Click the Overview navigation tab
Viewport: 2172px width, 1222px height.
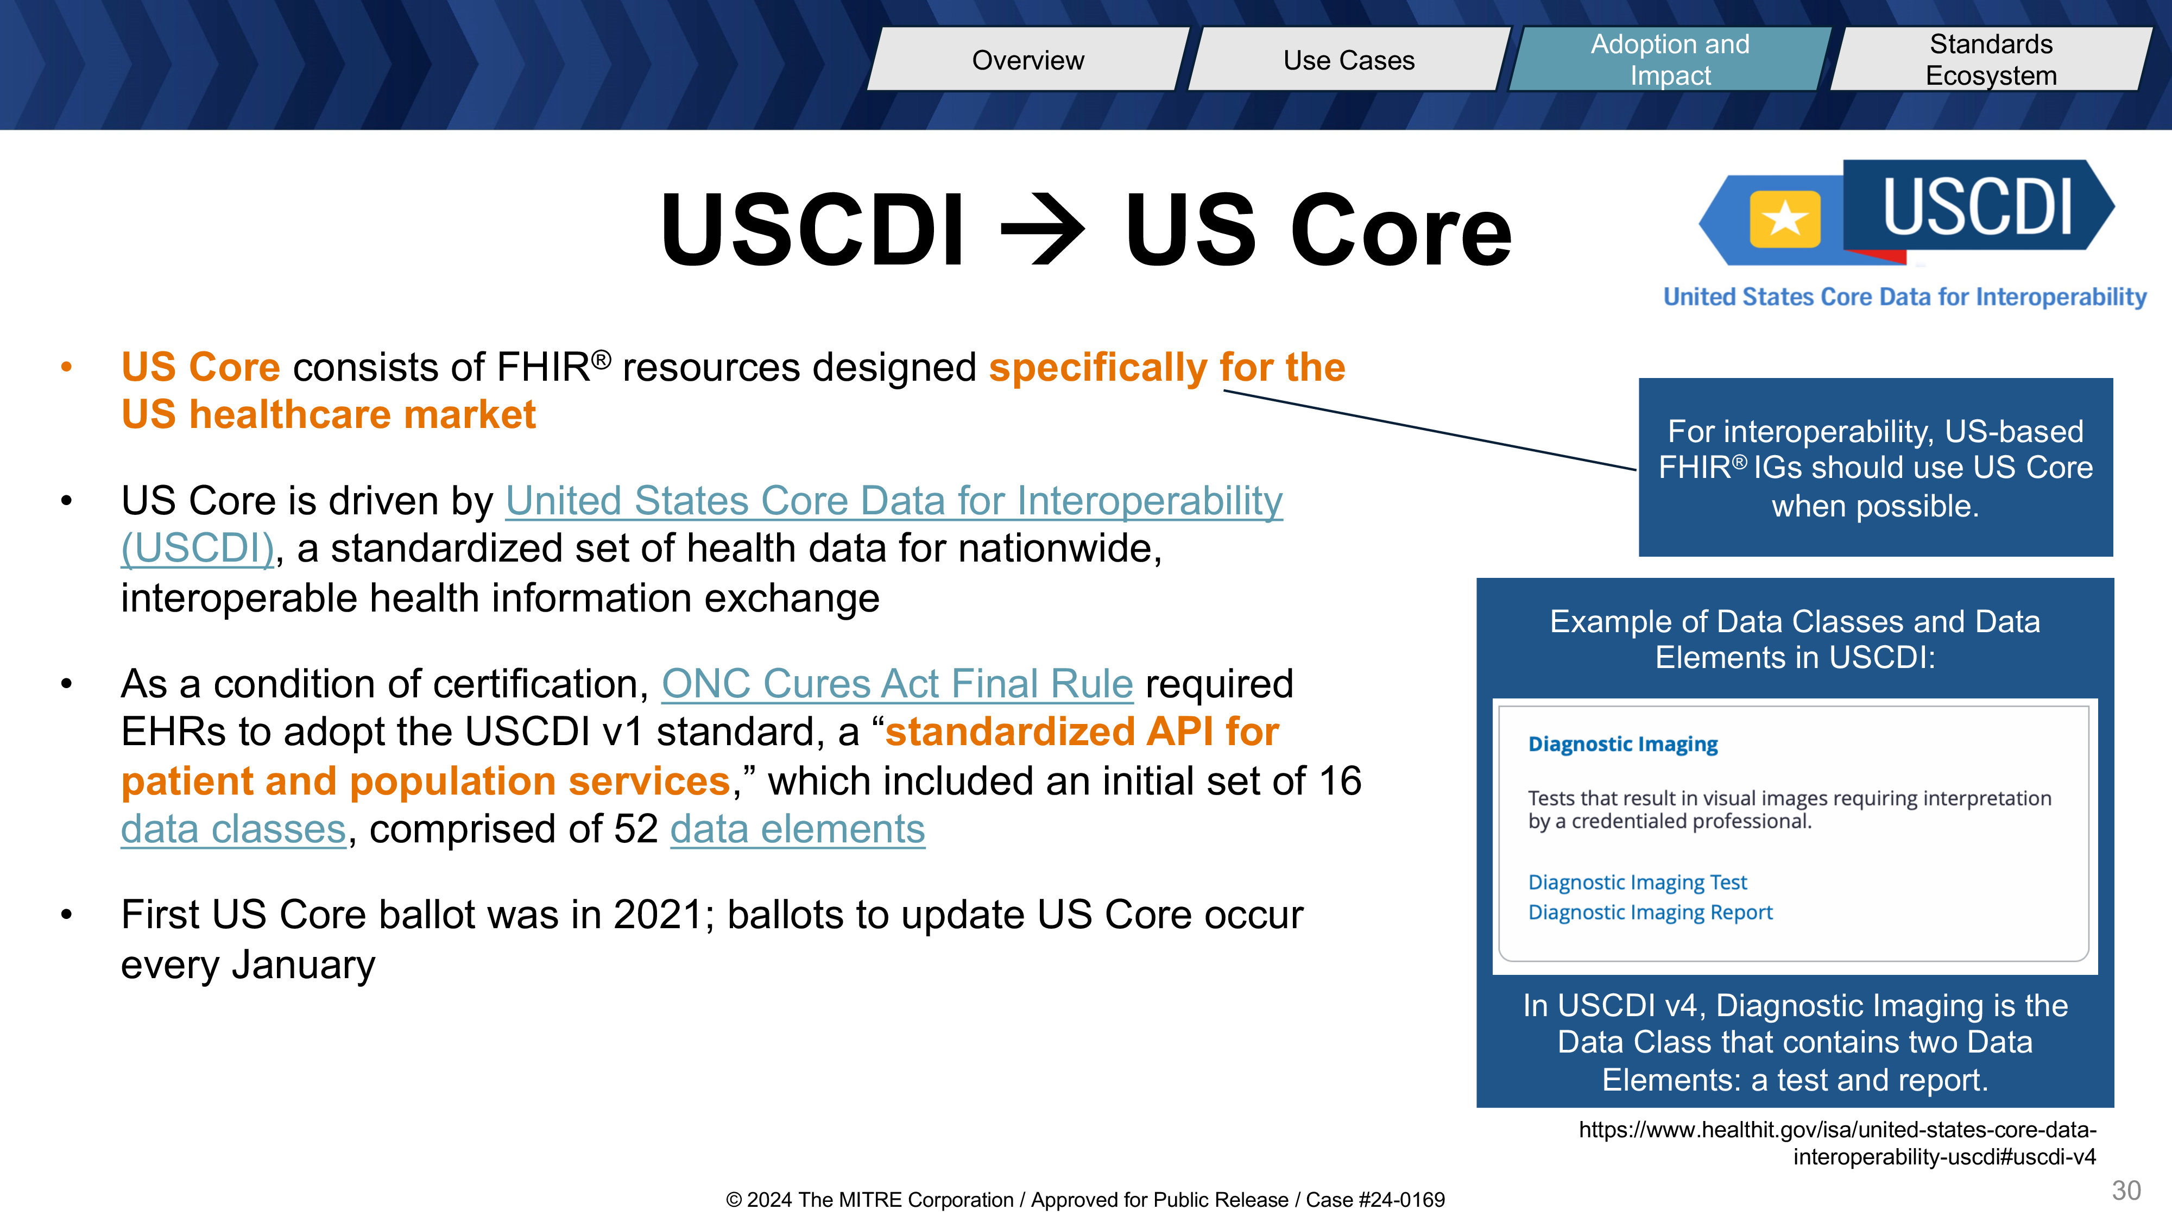(1028, 59)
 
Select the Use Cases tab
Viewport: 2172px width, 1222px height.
(1349, 59)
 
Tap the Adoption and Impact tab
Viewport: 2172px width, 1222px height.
(1670, 59)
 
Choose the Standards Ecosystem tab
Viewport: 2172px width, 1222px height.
(1992, 59)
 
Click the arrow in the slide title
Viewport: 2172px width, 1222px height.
(1044, 229)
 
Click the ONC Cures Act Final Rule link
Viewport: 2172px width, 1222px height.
(897, 683)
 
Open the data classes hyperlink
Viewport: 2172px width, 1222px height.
(233, 829)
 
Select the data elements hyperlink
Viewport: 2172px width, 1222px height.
(798, 829)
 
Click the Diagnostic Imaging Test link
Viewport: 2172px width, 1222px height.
(1638, 882)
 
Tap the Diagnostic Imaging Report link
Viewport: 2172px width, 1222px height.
(1650, 912)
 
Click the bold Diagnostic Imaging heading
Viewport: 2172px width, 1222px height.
(1623, 744)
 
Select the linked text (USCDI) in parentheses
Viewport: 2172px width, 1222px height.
(197, 548)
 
